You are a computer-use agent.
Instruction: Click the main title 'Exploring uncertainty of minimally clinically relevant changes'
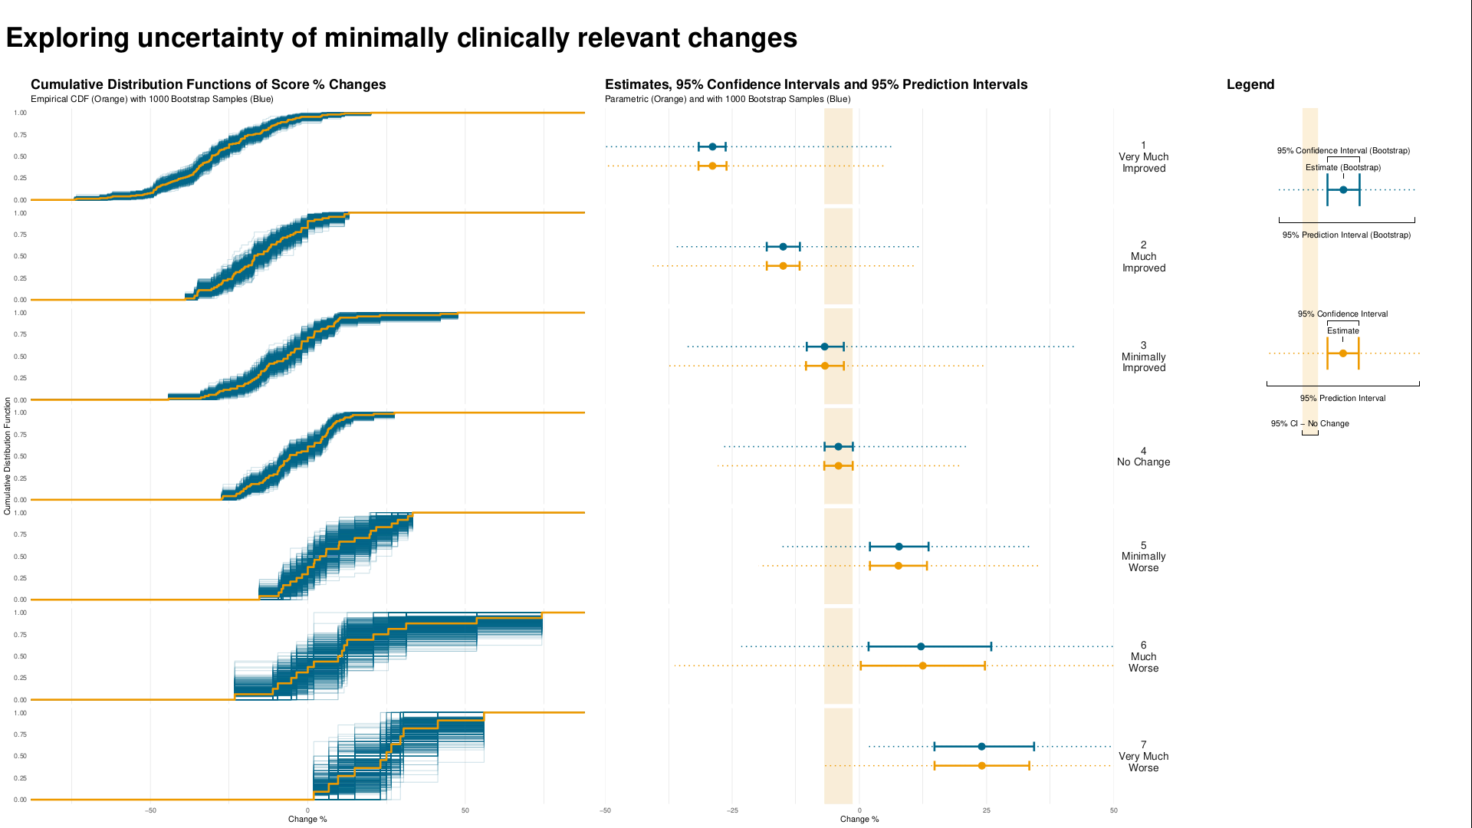pyautogui.click(x=401, y=38)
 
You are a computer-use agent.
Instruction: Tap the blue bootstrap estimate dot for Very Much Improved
pyautogui.click(x=712, y=146)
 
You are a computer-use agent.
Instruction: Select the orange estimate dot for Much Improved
pyautogui.click(x=783, y=266)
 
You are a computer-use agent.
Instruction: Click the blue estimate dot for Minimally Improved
pyautogui.click(x=824, y=347)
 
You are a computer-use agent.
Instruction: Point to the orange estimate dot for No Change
pyautogui.click(x=838, y=466)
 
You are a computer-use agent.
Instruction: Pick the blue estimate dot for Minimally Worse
pyautogui.click(x=899, y=547)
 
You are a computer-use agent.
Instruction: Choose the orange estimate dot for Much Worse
pyautogui.click(x=922, y=665)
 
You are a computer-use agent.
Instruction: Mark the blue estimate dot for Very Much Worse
pyautogui.click(x=981, y=747)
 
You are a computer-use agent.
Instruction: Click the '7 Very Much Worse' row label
pyautogui.click(x=1143, y=757)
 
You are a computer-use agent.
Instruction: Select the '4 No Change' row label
pyautogui.click(x=1143, y=457)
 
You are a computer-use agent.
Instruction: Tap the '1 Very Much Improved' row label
pyautogui.click(x=1143, y=157)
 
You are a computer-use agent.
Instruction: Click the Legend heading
pyautogui.click(x=1250, y=84)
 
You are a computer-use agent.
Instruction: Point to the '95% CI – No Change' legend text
pyautogui.click(x=1309, y=423)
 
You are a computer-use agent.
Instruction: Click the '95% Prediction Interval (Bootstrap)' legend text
pyautogui.click(x=1346, y=235)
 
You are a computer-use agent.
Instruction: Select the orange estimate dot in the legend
pyautogui.click(x=1342, y=353)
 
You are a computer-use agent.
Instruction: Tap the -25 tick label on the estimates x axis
pyautogui.click(x=732, y=810)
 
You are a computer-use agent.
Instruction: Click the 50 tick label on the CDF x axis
pyautogui.click(x=465, y=810)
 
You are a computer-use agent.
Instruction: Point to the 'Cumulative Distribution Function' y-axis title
pyautogui.click(x=8, y=455)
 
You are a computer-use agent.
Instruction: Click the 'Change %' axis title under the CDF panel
pyautogui.click(x=307, y=820)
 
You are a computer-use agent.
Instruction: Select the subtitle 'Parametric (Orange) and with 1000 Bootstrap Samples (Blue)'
pyautogui.click(x=727, y=99)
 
